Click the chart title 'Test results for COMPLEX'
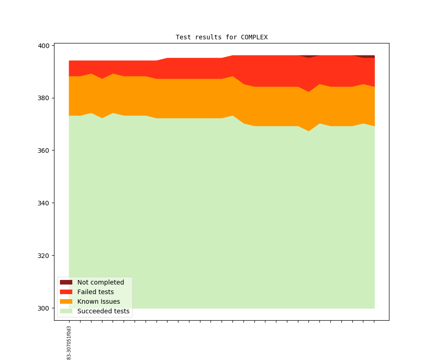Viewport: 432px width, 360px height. (221, 37)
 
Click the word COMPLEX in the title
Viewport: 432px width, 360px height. (254, 37)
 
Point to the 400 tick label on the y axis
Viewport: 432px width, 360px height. (44, 46)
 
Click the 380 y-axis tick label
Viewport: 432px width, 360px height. (44, 98)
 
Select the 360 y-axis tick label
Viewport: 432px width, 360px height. (44, 150)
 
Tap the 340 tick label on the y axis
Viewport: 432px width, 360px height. (44, 203)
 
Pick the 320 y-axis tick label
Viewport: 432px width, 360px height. (44, 256)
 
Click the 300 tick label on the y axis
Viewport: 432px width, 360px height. (44, 308)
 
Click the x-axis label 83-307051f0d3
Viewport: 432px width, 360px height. (69, 343)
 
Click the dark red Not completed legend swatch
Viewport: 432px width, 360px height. (66, 282)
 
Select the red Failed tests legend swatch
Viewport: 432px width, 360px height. (66, 292)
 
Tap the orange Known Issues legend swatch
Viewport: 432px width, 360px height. (66, 301)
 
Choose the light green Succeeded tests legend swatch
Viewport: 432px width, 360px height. (66, 311)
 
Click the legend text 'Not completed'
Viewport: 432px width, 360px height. (101, 282)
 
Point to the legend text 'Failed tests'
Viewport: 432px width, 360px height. (95, 292)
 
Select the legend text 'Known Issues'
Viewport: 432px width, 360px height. (98, 301)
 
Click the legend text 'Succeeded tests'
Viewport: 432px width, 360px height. (103, 311)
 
